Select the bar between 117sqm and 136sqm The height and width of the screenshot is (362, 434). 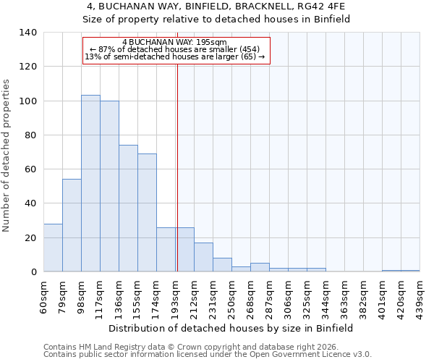point(109,186)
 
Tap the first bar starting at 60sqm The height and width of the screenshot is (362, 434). point(53,248)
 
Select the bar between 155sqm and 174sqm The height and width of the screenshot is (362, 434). point(147,213)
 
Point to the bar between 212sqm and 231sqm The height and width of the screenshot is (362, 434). point(203,257)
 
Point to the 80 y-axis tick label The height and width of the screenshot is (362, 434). point(30,135)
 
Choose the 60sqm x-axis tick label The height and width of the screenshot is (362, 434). point(44,295)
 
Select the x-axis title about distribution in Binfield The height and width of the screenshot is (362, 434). point(231,328)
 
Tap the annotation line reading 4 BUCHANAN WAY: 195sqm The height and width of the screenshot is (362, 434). point(175,42)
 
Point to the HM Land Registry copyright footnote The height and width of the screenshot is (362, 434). point(196,347)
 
